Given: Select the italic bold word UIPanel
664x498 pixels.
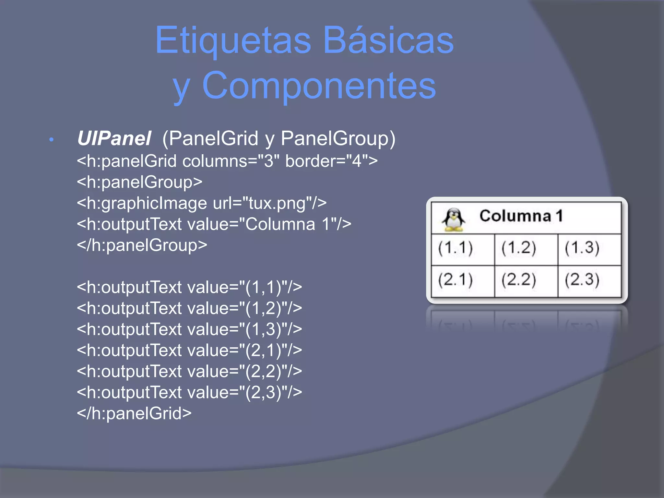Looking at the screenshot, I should point(114,138).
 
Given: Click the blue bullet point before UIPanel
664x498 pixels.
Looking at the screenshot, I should point(51,140).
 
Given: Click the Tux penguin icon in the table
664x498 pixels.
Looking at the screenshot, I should point(454,219).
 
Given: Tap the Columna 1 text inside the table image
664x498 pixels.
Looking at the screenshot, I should point(521,216).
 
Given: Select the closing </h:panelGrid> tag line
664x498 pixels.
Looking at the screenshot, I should point(134,413).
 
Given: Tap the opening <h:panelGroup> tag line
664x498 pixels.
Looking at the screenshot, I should point(139,182).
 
